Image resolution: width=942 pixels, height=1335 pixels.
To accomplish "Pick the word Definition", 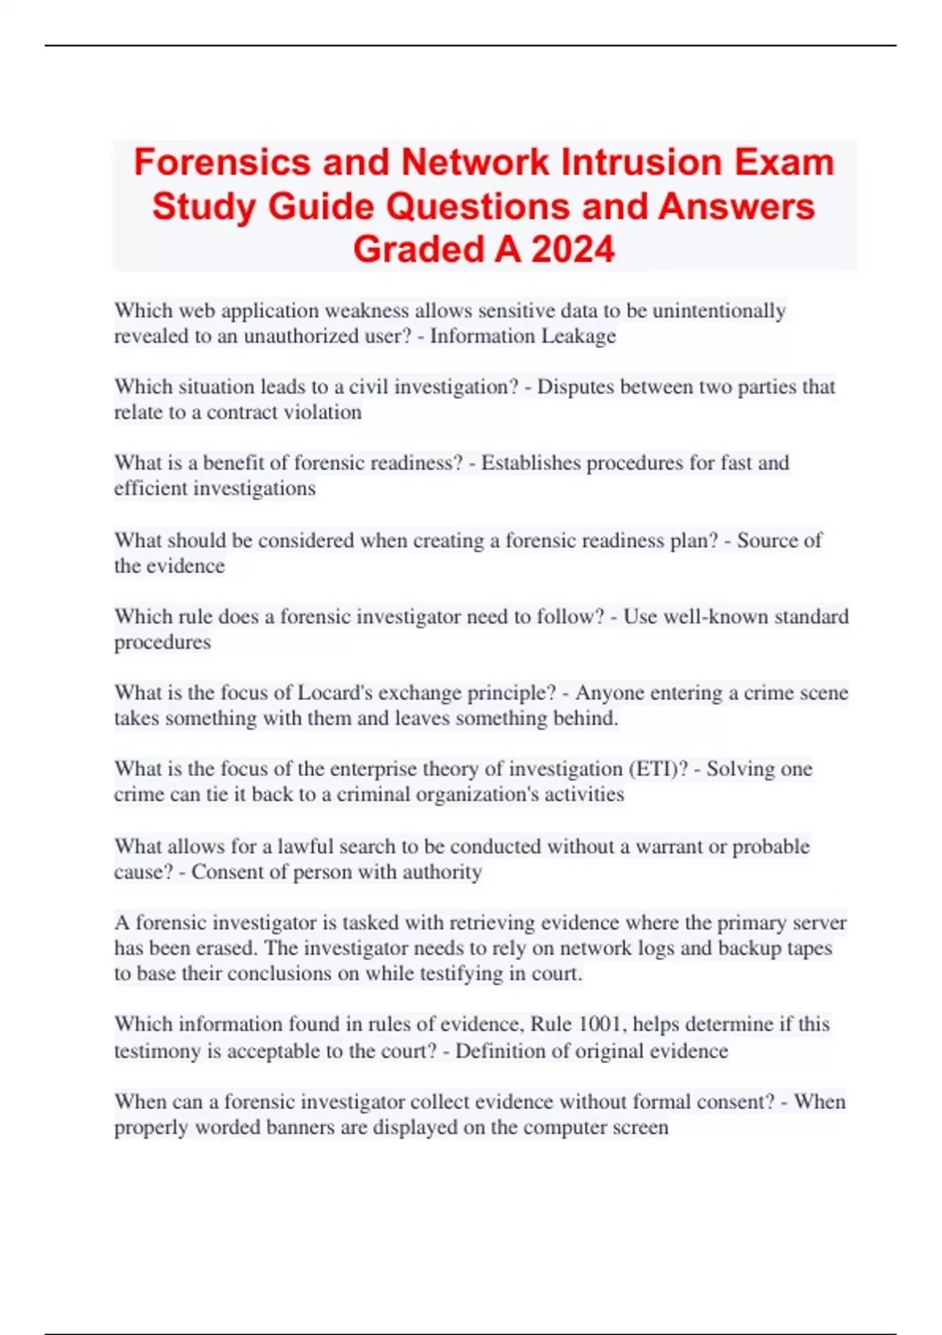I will point(502,1051).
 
